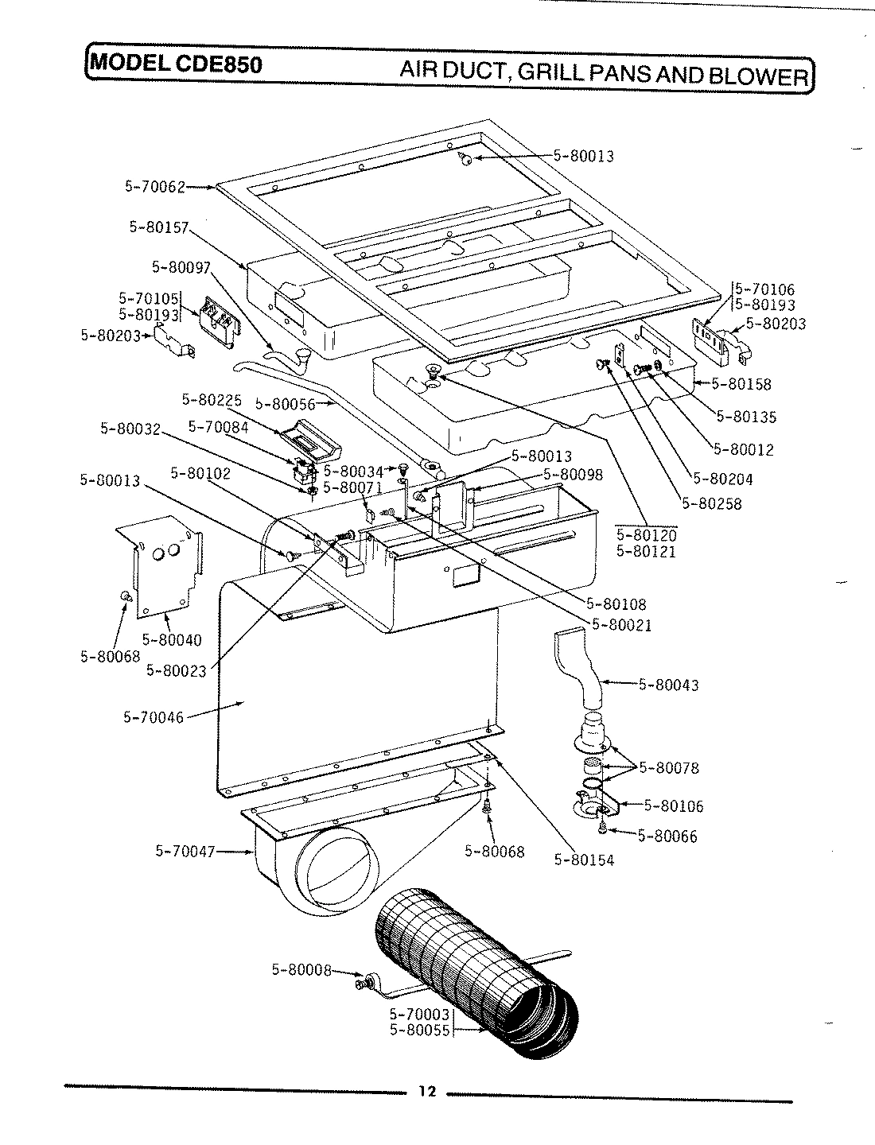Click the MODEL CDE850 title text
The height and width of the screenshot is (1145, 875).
point(176,64)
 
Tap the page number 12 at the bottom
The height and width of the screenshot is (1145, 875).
point(427,1091)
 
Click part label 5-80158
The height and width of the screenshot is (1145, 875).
point(741,384)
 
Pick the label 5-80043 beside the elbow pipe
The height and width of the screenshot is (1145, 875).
point(669,685)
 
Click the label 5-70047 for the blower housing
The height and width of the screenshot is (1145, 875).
point(185,852)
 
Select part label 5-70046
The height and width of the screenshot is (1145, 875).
point(154,717)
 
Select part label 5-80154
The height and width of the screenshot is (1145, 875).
point(584,860)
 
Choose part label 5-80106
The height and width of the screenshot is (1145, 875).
point(674,805)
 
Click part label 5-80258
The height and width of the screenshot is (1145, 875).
point(711,503)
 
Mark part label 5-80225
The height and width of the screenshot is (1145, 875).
point(212,399)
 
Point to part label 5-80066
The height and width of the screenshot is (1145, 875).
point(667,836)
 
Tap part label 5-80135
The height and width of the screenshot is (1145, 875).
point(746,417)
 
